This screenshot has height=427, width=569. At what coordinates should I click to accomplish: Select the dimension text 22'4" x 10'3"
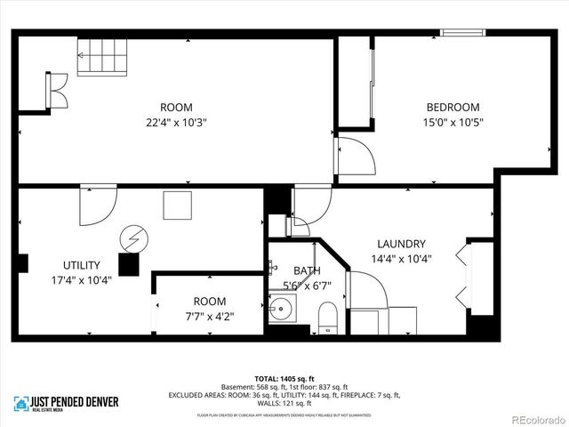pyautogui.click(x=176, y=123)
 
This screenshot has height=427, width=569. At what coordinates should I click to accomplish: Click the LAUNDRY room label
pyautogui.click(x=401, y=244)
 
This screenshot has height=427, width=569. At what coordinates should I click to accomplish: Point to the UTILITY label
pyautogui.click(x=81, y=265)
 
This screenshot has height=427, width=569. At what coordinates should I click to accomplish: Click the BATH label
pyautogui.click(x=307, y=270)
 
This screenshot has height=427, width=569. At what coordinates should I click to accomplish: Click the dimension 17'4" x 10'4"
pyautogui.click(x=81, y=281)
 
